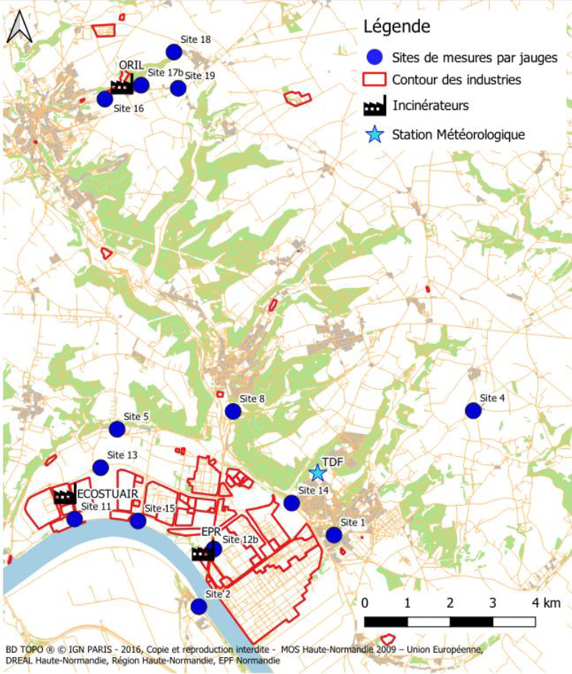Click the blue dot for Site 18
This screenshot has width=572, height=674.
174,52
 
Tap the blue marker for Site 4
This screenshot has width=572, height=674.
472,410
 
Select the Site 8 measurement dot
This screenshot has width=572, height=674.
233,411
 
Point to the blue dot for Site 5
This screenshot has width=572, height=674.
117,429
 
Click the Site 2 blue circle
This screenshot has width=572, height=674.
199,606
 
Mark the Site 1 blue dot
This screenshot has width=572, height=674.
334,534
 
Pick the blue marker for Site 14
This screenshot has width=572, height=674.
292,503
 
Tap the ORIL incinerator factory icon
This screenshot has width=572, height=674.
121,86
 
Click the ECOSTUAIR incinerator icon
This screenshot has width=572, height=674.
65,497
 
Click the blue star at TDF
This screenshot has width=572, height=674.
317,472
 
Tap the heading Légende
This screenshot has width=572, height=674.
396,27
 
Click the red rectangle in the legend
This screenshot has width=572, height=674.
375,80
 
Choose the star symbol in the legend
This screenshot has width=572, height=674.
375,134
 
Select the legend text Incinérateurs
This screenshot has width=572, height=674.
430,106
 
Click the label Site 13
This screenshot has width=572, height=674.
122,455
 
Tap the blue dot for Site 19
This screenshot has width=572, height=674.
178,89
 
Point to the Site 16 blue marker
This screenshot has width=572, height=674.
106,98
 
